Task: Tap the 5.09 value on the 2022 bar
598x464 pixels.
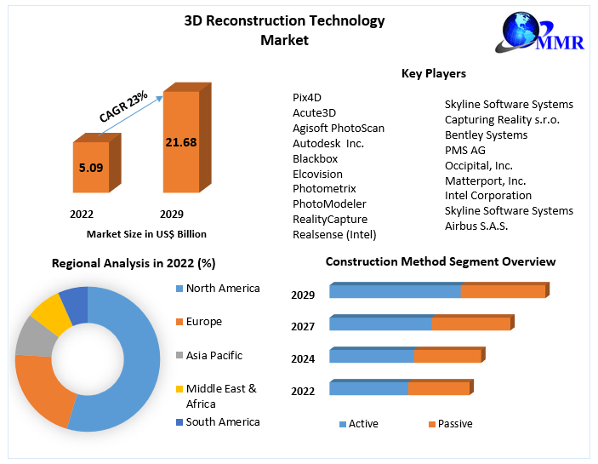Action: tap(90, 168)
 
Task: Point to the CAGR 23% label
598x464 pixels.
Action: tap(124, 105)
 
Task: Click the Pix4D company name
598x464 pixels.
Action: tap(307, 97)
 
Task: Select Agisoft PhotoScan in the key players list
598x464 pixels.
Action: tap(339, 128)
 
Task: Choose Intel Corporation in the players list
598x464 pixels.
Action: tap(488, 195)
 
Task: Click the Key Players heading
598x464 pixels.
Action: tap(434, 74)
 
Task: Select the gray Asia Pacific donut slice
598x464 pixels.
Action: tap(34, 336)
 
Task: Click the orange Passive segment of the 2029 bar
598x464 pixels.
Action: tap(503, 291)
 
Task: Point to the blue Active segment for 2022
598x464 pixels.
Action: tap(368, 388)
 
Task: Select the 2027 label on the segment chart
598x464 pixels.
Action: tap(303, 327)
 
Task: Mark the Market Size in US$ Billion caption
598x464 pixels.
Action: tap(146, 233)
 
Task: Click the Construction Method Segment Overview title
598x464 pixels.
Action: tap(441, 261)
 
